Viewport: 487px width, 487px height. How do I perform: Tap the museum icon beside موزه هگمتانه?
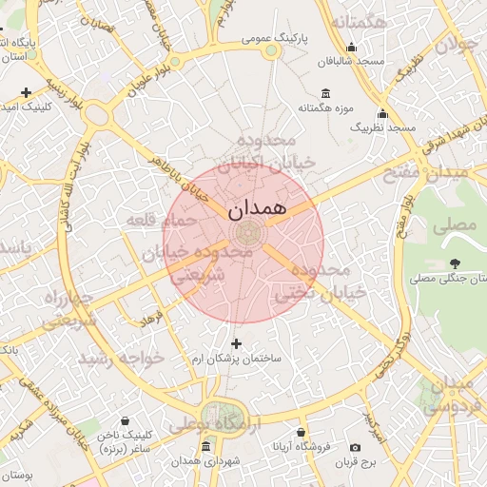click(326, 93)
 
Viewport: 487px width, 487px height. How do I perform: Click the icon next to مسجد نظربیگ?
click(383, 113)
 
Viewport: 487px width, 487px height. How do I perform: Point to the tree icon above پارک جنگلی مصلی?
click(455, 263)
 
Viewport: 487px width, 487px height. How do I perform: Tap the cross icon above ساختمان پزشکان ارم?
click(237, 343)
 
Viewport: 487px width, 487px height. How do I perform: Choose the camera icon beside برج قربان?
click(356, 447)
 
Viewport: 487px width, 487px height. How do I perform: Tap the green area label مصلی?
click(453, 226)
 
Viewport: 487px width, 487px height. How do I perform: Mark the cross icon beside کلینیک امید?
click(26, 91)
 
